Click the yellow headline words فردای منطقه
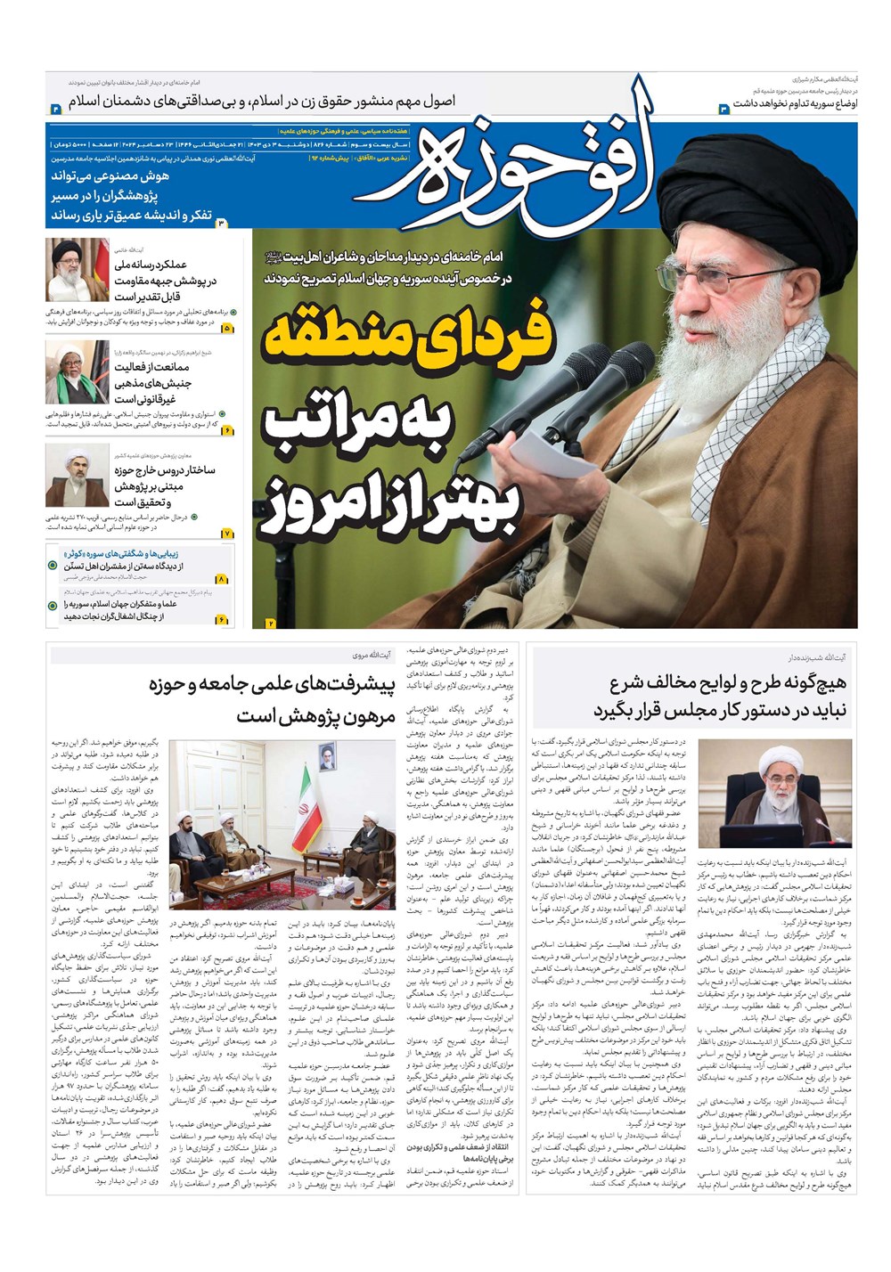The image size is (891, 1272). pos(409,341)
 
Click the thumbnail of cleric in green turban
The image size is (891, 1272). pos(77,371)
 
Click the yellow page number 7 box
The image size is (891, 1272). pos(227,533)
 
